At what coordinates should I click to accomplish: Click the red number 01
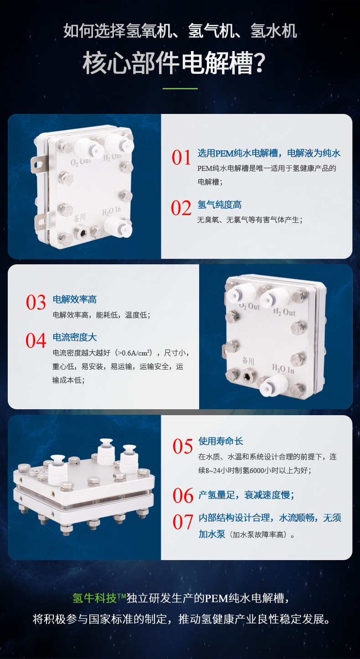click(181, 158)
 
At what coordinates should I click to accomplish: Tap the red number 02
click(181, 208)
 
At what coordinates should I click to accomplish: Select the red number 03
click(36, 303)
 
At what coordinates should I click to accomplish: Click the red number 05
click(183, 447)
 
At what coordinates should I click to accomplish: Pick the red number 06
click(183, 496)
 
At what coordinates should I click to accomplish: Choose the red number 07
click(183, 522)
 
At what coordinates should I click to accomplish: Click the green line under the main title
click(180, 88)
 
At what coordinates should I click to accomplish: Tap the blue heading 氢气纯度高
click(220, 205)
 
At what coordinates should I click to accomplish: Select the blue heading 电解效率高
click(75, 299)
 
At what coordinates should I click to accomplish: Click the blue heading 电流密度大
click(75, 337)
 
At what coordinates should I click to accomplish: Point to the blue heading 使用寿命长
click(221, 441)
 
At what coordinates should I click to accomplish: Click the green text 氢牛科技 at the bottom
click(95, 598)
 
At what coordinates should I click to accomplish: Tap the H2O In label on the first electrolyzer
click(112, 211)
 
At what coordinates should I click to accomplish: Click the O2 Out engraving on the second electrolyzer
click(249, 307)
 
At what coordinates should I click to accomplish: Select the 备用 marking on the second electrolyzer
click(248, 361)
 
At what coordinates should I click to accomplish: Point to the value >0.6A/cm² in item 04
click(133, 353)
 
